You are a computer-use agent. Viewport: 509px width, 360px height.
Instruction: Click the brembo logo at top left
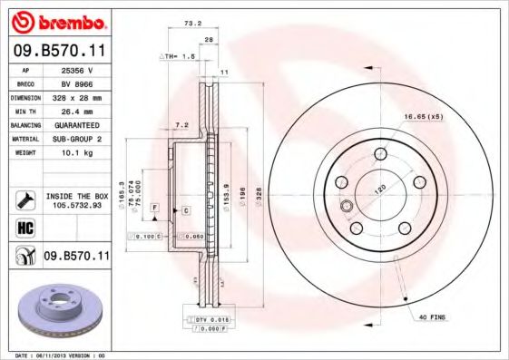coord(57,21)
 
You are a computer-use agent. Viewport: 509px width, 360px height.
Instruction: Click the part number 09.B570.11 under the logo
coord(57,53)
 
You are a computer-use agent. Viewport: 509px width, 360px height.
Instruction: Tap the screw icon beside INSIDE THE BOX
coord(24,199)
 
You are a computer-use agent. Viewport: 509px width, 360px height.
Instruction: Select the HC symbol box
coord(24,228)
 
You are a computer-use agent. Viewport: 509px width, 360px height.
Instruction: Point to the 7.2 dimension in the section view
coord(181,125)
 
